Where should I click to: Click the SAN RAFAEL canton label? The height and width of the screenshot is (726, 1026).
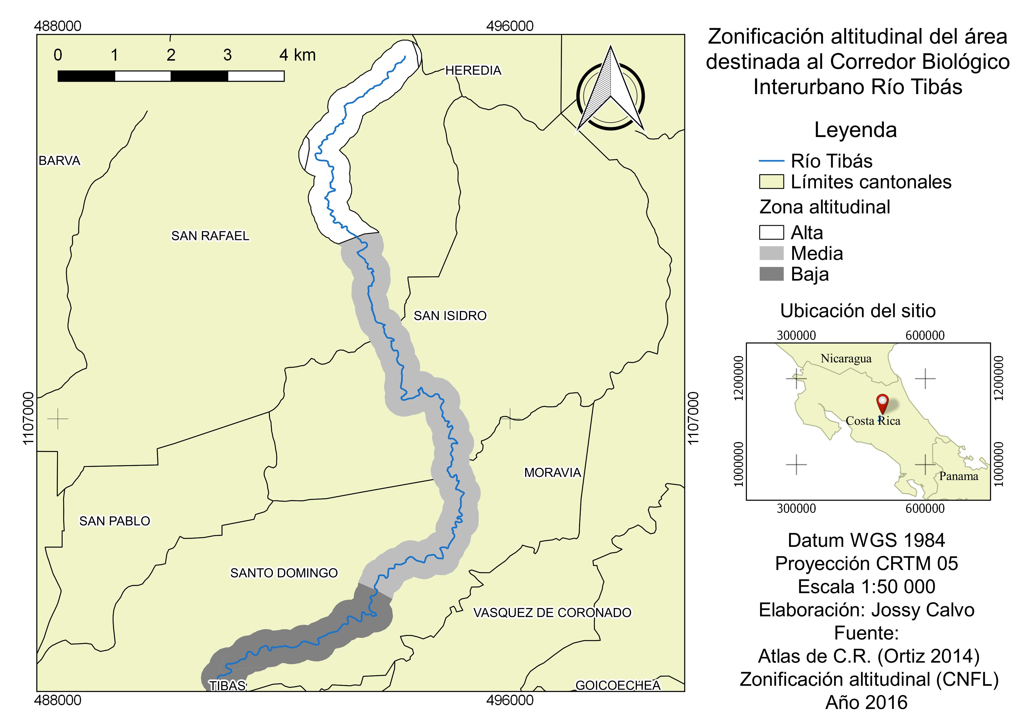coord(210,236)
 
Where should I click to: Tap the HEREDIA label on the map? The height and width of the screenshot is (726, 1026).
coord(473,70)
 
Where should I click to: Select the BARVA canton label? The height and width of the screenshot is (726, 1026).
coord(59,160)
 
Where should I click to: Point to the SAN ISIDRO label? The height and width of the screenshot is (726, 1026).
coord(450,316)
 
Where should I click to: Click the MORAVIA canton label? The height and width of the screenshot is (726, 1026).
coord(552,472)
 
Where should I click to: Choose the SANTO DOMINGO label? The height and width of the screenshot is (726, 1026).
coord(284,573)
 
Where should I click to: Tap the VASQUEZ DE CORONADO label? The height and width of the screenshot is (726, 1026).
coord(552,612)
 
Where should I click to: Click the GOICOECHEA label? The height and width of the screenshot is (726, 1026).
coord(618,685)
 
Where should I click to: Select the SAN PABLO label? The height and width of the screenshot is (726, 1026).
coord(114,521)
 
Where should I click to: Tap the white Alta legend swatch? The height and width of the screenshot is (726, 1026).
coord(771,232)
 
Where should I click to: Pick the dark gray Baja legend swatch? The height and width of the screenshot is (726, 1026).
coord(771,274)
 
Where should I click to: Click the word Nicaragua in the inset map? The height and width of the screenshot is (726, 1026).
coord(846,359)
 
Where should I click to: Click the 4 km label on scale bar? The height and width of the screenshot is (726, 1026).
coord(298,55)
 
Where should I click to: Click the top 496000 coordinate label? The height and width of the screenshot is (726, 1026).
coord(509,26)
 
